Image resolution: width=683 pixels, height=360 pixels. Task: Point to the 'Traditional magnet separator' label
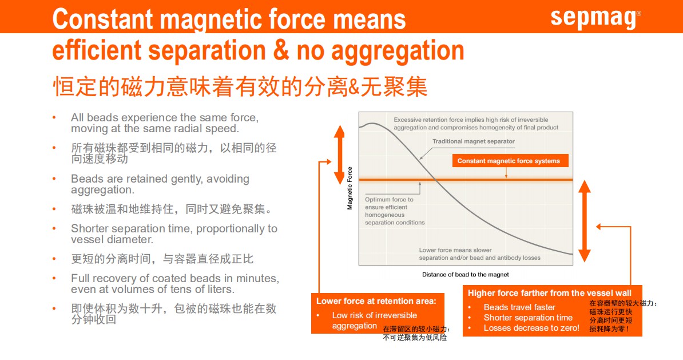pyautogui.click(x=474, y=141)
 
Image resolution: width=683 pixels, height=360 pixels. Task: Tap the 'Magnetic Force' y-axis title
pyautogui.click(x=350, y=188)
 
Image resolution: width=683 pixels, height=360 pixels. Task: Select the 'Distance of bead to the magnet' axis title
pyautogui.click(x=465, y=275)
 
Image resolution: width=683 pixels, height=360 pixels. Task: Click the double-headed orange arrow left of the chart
pyautogui.click(x=339, y=155)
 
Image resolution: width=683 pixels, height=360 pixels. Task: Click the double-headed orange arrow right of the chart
pyautogui.click(x=585, y=221)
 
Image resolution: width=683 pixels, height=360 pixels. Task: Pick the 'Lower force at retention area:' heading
pyautogui.click(x=376, y=301)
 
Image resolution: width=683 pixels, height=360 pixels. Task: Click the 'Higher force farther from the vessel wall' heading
pyautogui.click(x=549, y=293)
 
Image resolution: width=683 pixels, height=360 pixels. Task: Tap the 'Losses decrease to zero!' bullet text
pyautogui.click(x=531, y=328)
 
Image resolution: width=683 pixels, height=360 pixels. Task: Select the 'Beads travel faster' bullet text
pyautogui.click(x=519, y=307)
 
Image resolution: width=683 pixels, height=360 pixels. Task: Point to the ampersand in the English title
pyautogui.click(x=281, y=50)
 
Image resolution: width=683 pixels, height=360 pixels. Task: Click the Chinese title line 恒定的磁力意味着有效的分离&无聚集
pyautogui.click(x=240, y=86)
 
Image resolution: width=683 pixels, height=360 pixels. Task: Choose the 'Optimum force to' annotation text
pyautogui.click(x=389, y=199)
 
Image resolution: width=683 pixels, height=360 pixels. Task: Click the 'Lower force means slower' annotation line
pyautogui.click(x=455, y=250)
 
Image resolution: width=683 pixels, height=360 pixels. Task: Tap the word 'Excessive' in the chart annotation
pyautogui.click(x=408, y=120)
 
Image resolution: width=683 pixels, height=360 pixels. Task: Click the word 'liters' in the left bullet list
pyautogui.click(x=221, y=290)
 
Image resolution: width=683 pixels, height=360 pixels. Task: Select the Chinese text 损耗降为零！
pyautogui.click(x=609, y=329)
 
